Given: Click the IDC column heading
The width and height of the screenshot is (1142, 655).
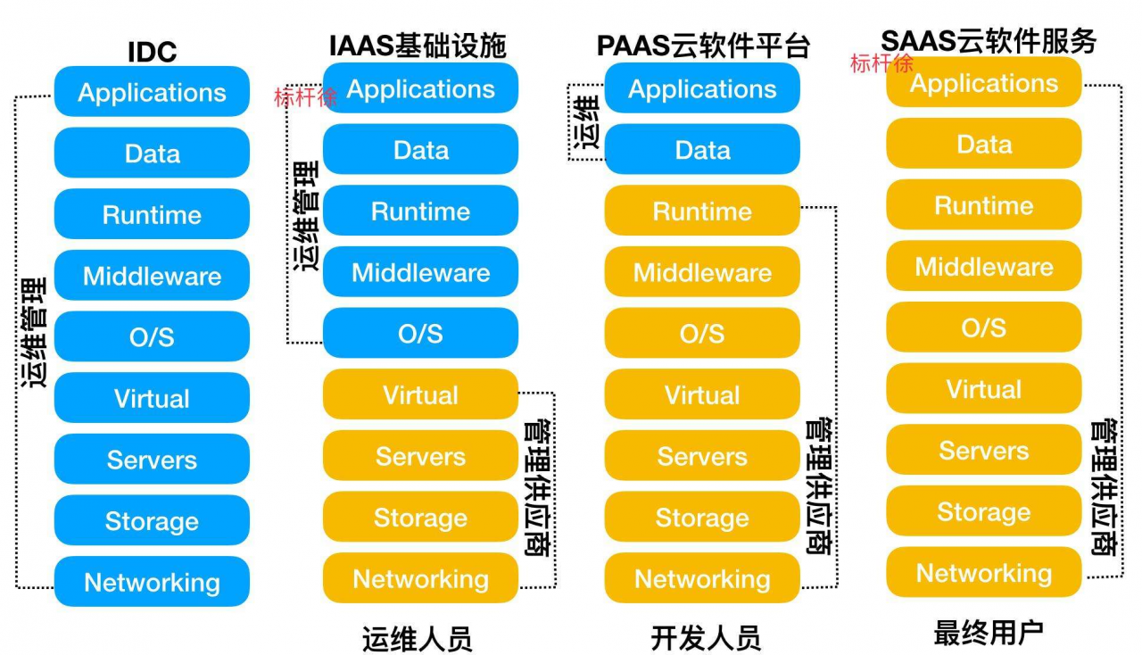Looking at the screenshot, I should coord(152,52).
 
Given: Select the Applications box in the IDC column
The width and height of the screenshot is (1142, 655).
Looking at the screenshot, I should coord(152,93).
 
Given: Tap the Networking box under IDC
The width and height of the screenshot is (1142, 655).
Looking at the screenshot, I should coord(152,582).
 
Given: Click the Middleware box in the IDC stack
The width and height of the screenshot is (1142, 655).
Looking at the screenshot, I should coord(152,276).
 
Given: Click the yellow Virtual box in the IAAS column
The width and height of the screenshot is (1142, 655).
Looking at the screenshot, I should coord(420,394).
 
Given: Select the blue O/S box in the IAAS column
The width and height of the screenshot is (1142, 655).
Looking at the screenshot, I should coord(420,333).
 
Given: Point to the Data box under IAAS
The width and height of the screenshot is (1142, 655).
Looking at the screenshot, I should coord(420,150).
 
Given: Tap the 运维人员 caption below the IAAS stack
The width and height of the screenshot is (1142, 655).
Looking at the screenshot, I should coord(417,639).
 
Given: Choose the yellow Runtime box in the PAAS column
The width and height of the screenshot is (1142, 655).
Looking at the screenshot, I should coord(702,211).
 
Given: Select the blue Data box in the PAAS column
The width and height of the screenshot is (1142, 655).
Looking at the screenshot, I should coord(702,150).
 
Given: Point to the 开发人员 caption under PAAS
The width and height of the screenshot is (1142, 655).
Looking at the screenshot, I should coord(705,639).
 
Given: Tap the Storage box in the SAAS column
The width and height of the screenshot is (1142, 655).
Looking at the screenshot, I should coord(983,511).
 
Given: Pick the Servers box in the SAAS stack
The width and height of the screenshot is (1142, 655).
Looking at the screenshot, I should coord(983,451).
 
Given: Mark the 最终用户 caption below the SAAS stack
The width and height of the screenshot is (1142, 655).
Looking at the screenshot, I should coord(988,634).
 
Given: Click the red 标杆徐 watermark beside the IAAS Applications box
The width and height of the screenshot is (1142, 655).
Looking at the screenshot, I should coord(305,97).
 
